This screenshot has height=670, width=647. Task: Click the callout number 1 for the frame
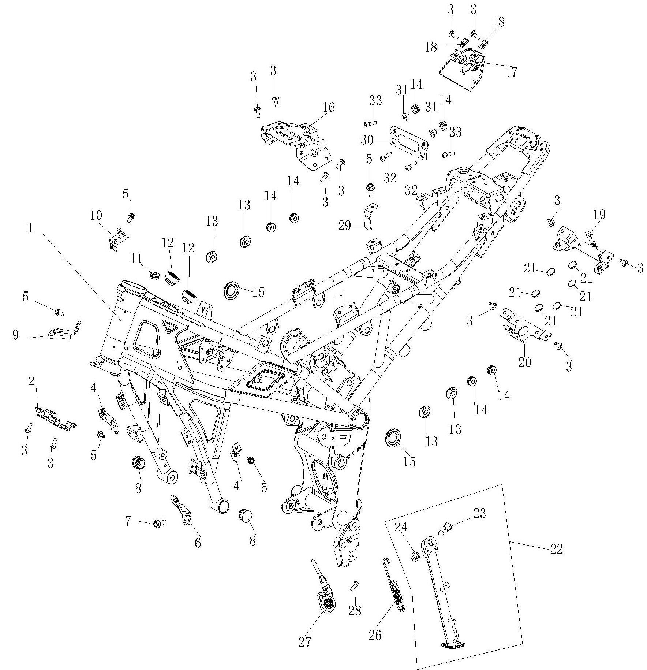click(x=30, y=228)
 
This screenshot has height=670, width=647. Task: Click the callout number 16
click(x=329, y=107)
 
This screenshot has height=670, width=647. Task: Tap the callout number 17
click(x=511, y=72)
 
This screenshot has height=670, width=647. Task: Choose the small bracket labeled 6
click(x=182, y=510)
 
